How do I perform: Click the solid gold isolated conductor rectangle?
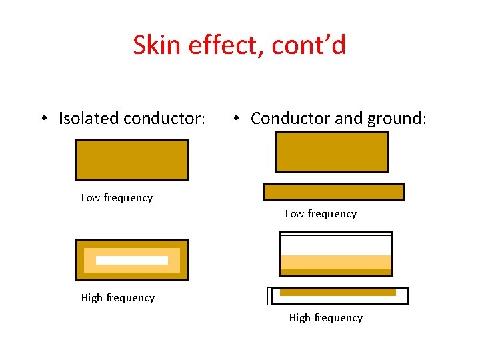(132, 160)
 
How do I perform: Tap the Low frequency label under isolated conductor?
(117, 198)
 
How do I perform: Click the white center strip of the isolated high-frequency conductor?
(132, 260)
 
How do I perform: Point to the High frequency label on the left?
(117, 298)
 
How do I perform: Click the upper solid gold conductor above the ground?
(332, 152)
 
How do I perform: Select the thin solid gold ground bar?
(334, 192)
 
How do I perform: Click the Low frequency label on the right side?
(321, 214)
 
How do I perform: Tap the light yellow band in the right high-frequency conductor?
(336, 261)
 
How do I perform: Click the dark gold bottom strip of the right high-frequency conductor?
(336, 272)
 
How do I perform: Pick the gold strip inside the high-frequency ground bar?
(338, 292)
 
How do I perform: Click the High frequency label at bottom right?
(325, 318)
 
